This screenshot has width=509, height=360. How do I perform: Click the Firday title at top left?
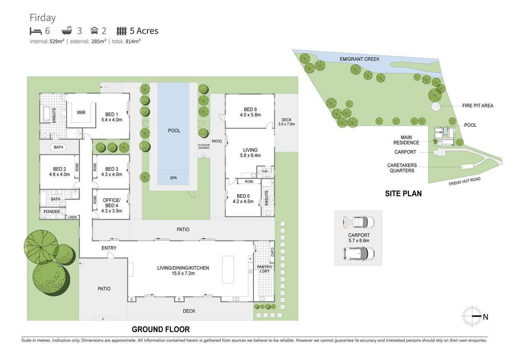43,18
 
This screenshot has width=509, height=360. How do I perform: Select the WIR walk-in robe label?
81,113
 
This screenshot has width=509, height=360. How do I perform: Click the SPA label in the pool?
173,178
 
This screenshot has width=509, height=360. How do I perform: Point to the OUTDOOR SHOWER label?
204,146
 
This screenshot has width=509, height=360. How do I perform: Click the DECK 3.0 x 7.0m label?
286,122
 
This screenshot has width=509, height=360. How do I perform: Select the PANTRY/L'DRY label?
264,269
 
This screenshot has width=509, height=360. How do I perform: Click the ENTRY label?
109,248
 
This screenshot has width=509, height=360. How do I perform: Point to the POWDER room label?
52,212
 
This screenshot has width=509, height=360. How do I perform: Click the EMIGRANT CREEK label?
359,59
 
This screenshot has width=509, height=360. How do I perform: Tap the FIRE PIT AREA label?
478,106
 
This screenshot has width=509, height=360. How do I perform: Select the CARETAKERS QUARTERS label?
402,168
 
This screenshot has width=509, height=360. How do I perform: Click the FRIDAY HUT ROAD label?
464,181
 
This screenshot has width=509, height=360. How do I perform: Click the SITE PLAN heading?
403,194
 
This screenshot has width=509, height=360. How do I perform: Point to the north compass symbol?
472,317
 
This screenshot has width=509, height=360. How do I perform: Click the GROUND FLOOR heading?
161,329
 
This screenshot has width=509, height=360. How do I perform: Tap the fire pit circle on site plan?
436,107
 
